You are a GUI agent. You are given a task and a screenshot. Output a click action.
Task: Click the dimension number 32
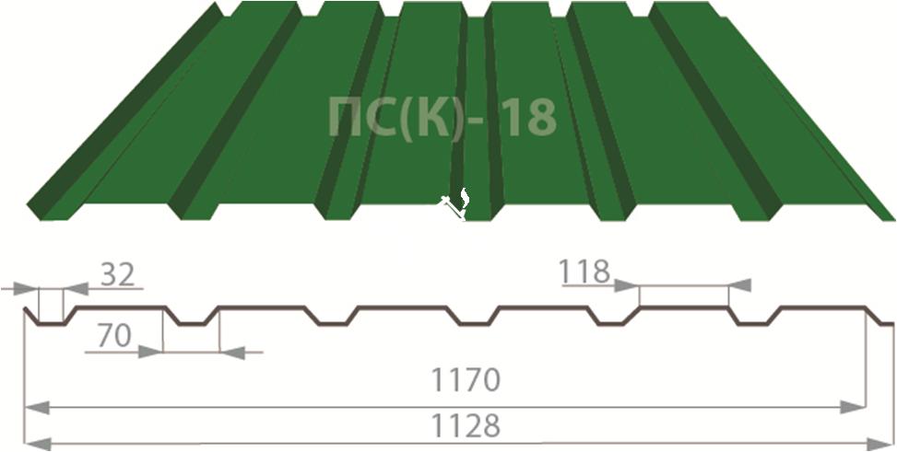coord(118,275)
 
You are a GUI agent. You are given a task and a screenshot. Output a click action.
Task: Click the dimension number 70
coord(114,337)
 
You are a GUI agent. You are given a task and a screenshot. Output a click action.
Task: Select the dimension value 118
coord(584,272)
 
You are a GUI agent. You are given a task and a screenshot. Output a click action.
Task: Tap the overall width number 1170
coord(465,380)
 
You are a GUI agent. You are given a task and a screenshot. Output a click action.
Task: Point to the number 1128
coord(465,425)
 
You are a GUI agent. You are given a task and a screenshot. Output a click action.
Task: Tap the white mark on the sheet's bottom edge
coord(456,204)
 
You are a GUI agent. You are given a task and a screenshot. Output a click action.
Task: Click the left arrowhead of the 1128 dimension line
coord(37,444)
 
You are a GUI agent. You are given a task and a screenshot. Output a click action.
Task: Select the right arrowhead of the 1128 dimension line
coord(880,444)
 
